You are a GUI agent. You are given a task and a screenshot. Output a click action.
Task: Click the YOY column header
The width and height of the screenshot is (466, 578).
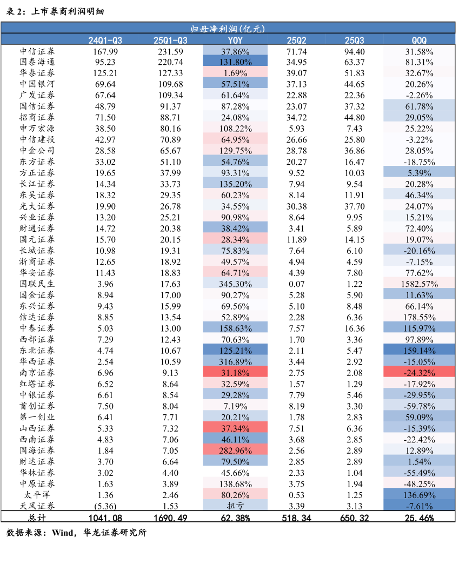click(235, 41)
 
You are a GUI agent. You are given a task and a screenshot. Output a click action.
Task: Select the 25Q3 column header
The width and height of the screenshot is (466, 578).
click(355, 41)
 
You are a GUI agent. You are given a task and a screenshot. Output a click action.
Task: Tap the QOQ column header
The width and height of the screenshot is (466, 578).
click(419, 41)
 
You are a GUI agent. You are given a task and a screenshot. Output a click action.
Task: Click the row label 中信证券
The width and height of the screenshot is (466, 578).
click(37, 51)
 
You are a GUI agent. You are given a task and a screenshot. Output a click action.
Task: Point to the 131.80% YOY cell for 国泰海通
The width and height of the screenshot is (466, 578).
click(235, 62)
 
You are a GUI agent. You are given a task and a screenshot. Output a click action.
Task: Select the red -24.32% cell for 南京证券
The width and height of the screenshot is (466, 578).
click(419, 373)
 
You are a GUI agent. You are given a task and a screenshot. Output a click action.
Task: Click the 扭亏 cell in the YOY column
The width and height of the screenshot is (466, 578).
click(235, 506)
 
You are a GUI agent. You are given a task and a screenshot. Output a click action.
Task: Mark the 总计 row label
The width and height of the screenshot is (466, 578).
click(37, 517)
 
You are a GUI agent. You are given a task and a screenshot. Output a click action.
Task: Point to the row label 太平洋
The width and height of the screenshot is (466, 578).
click(37, 495)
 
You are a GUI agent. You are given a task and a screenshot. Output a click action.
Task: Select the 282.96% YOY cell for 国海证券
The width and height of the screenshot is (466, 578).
click(235, 451)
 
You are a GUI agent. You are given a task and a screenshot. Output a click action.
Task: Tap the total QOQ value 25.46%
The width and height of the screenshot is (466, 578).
click(419, 517)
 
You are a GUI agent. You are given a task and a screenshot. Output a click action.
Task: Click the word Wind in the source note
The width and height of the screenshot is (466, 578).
click(63, 533)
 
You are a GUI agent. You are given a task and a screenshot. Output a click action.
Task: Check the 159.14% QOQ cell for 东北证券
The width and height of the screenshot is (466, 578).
click(419, 351)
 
